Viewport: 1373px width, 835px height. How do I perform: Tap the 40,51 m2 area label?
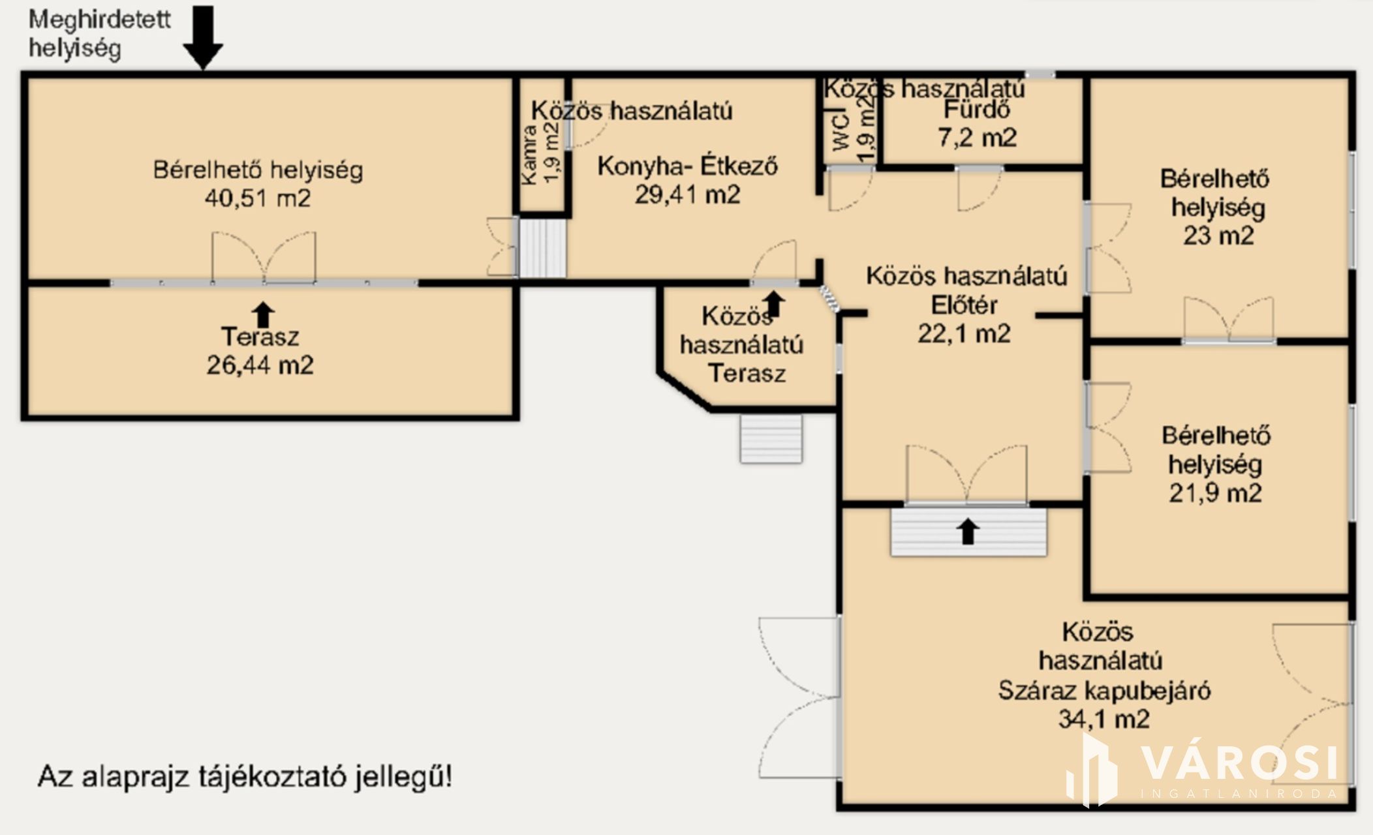point(258,198)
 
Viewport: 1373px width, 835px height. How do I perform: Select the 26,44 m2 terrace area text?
point(260,365)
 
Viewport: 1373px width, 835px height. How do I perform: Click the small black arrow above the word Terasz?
point(263,314)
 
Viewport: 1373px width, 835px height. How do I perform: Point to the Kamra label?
point(530,153)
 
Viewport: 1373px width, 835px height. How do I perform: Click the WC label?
point(841,132)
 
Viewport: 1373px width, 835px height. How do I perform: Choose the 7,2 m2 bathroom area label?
point(977,138)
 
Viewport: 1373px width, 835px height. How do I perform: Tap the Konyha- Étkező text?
point(687,166)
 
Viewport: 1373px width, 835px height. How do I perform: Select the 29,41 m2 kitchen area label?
point(687,194)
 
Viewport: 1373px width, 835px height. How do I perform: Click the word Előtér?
point(964,305)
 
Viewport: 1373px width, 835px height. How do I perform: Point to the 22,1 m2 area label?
point(964,334)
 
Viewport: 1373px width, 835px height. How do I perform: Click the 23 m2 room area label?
point(1218,235)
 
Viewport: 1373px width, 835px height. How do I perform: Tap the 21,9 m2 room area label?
point(1215,493)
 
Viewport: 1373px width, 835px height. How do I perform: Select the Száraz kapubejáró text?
point(1104,690)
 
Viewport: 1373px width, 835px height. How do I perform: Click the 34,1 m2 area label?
point(1103,719)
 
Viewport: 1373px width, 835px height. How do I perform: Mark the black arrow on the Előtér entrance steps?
point(968,531)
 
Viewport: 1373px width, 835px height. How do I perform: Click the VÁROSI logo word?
point(1239,762)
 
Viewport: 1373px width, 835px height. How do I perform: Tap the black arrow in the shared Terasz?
point(774,304)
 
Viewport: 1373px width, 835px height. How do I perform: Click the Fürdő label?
point(976,110)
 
